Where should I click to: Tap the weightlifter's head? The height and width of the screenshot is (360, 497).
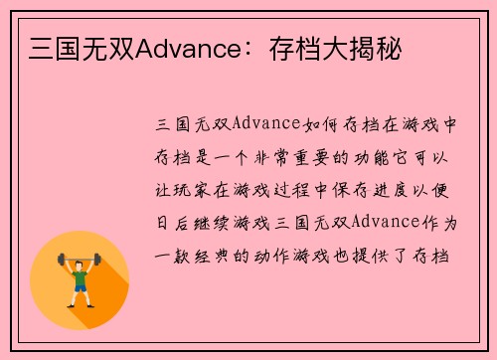point(80,260)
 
